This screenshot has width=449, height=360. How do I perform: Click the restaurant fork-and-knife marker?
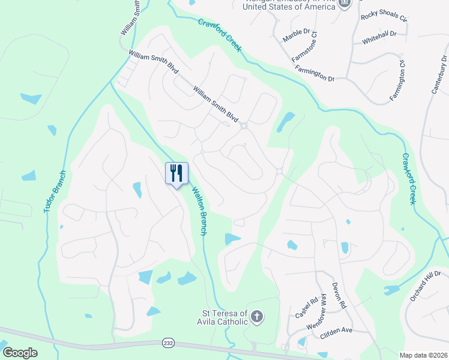pyautogui.click(x=176, y=173)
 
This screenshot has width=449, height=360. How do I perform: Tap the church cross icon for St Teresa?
pyautogui.click(x=256, y=317)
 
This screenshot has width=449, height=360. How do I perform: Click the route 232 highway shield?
pyautogui.click(x=167, y=343)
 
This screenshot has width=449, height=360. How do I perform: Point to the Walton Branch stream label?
pyautogui.click(x=199, y=209)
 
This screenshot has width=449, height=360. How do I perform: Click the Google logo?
pyautogui.click(x=20, y=353)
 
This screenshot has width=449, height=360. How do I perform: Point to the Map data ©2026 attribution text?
pyautogui.click(x=423, y=355)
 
